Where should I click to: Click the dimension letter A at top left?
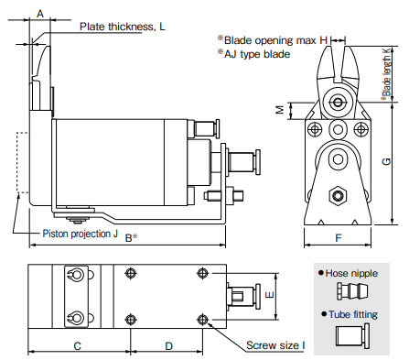40,14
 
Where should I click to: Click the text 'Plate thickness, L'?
123,27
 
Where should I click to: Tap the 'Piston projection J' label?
81,234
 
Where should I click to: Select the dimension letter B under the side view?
129,238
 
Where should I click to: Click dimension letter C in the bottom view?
78,346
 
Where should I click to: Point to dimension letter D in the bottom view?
168,346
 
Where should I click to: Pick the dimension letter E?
270,295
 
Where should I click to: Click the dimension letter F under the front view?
339,238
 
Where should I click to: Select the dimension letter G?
386,161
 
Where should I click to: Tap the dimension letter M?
280,110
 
